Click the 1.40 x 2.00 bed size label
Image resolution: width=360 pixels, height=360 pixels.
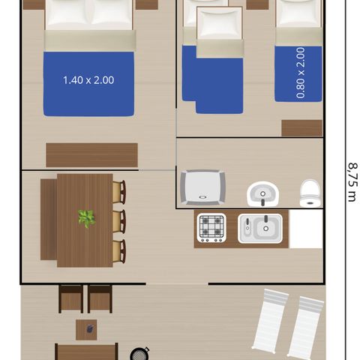(x=88, y=79)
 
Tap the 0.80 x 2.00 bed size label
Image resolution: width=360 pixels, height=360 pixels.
(x=301, y=73)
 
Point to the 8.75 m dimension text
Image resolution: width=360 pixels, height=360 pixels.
(x=351, y=179)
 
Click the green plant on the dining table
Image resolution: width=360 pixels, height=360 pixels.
(x=86, y=218)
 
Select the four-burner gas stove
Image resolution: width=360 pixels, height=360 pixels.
(x=211, y=227)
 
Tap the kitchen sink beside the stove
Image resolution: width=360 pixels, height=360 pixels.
(x=259, y=228)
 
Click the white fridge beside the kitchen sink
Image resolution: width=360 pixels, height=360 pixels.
(x=305, y=229)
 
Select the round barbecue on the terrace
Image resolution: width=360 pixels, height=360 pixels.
(x=139, y=353)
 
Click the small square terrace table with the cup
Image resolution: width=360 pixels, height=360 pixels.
(x=85, y=329)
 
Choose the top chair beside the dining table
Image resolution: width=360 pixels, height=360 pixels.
(x=118, y=192)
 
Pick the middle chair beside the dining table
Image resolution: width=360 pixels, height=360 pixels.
(x=118, y=222)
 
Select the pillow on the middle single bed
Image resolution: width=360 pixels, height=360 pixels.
(x=219, y=25)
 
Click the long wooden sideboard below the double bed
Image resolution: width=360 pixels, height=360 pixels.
(x=91, y=154)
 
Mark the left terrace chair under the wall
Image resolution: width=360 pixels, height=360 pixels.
(x=70, y=298)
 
